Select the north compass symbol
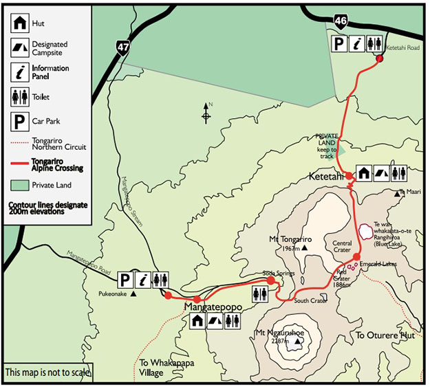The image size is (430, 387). (x=206, y=113)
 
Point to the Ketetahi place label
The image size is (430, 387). (x=325, y=177)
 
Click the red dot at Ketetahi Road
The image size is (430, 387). (x=379, y=58)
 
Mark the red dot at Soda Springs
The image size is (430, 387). (x=271, y=280)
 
